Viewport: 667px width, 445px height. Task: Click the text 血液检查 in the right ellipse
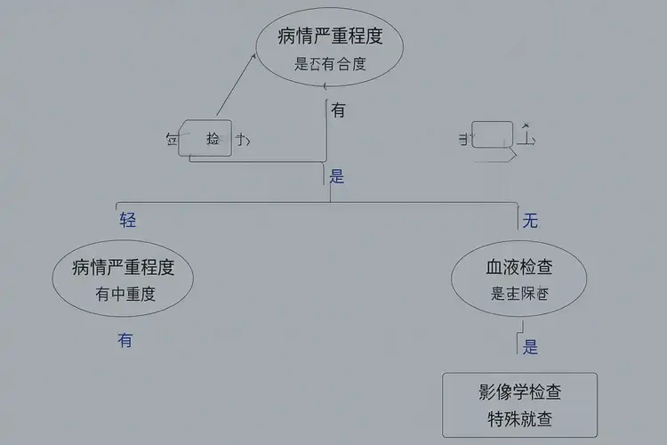519,267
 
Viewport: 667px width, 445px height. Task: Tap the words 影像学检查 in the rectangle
520,392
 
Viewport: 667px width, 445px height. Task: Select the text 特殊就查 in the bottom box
520,419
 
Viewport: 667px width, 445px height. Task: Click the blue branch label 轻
128,220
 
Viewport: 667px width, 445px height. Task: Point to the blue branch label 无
530,221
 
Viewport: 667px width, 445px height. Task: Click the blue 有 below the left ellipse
125,339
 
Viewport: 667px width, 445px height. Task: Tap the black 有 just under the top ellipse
339,111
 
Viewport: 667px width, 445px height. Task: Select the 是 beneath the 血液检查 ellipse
530,347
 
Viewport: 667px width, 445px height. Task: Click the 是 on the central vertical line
337,176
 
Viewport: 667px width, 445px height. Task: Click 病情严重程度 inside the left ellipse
123,267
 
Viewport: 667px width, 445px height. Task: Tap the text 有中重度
125,294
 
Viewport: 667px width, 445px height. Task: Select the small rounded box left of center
205,138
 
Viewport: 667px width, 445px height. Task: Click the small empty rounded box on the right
492,135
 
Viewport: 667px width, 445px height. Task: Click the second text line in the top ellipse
329,64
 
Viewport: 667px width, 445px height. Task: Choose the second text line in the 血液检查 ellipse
519,294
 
